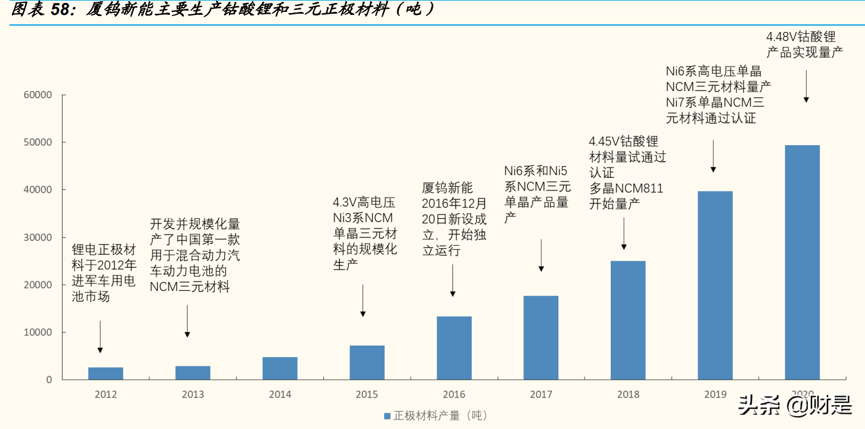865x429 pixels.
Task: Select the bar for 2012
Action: point(106,373)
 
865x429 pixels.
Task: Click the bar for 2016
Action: point(454,347)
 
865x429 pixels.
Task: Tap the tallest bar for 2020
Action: point(802,262)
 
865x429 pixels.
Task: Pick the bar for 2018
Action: point(628,320)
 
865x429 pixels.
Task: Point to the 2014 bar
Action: point(280,368)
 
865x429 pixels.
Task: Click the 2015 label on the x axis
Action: point(367,394)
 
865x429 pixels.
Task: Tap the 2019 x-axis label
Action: point(715,394)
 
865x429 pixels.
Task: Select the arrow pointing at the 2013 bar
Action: point(187,321)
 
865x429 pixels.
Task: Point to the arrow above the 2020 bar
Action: point(806,86)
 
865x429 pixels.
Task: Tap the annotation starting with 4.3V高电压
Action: point(364,233)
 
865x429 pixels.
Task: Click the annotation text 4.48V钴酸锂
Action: point(801,37)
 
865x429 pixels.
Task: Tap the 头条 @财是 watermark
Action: point(794,406)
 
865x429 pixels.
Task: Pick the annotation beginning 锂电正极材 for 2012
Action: point(104,273)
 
